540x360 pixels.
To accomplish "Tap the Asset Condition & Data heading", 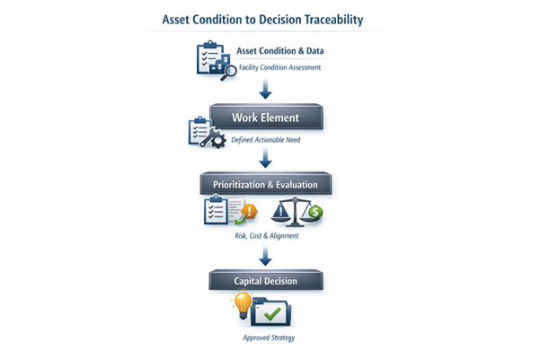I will click(x=279, y=51).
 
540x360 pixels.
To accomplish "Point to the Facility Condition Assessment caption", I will click(x=279, y=67).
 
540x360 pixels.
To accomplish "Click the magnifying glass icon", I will click(x=228, y=71).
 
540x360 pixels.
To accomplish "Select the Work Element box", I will click(x=265, y=118).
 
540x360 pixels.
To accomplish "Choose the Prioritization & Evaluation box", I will click(x=266, y=184).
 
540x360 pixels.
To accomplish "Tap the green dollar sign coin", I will click(x=315, y=214).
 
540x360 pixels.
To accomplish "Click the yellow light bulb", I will click(x=241, y=305).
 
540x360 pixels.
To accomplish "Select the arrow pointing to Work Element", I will click(x=265, y=90).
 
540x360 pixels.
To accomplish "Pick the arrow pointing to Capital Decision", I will click(x=265, y=257).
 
